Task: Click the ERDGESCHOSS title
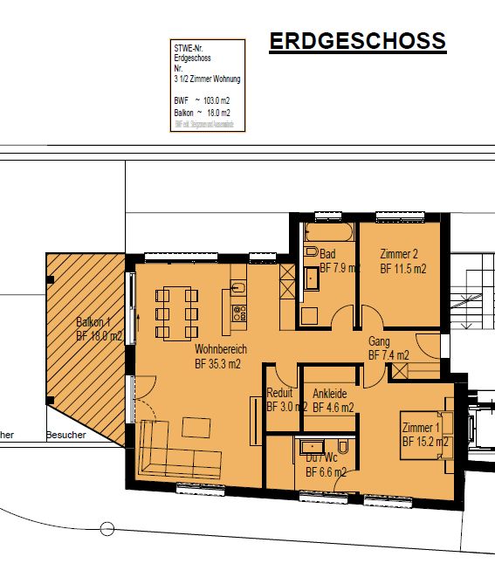click(x=357, y=41)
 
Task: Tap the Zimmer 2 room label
click(x=400, y=254)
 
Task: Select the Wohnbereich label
click(x=221, y=348)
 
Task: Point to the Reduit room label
click(x=280, y=393)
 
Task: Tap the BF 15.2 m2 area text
click(x=425, y=443)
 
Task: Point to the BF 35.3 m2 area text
click(x=217, y=364)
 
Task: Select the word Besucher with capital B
click(x=66, y=435)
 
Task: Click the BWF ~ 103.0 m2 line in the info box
click(x=203, y=101)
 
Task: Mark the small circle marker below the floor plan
click(x=108, y=528)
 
